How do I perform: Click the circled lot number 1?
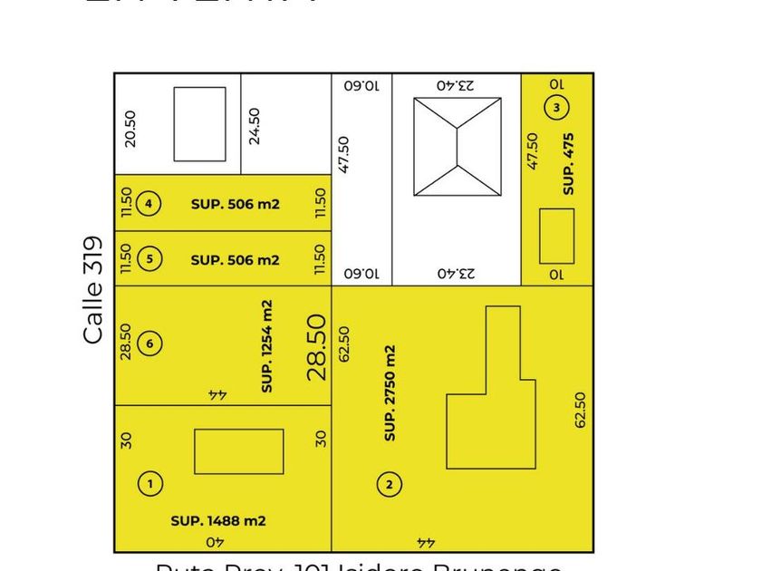[x=150, y=484]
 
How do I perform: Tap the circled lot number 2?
[x=389, y=485]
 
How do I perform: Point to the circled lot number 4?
[x=149, y=204]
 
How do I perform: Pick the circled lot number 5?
[x=149, y=259]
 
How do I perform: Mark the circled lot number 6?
[x=150, y=344]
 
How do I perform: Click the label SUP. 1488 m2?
[x=218, y=521]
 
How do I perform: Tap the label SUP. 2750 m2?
[x=390, y=392]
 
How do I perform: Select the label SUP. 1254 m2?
[x=267, y=346]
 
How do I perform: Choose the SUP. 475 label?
[x=569, y=164]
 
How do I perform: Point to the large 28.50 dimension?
[x=316, y=346]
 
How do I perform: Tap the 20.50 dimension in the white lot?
[x=130, y=129]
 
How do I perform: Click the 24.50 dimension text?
[x=255, y=126]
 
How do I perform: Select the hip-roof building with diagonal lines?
[x=458, y=146]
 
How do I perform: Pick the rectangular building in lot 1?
[x=238, y=451]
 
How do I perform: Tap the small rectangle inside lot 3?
[x=556, y=236]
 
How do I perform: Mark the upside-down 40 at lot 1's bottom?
[x=216, y=542]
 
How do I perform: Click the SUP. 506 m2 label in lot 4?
[x=235, y=204]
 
